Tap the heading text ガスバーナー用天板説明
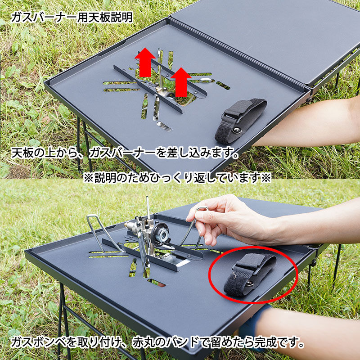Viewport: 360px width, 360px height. pyautogui.click(x=72, y=17)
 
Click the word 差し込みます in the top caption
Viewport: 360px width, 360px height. pyautogui.click(x=194, y=153)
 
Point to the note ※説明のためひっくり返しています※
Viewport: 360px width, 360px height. pyautogui.click(x=177, y=177)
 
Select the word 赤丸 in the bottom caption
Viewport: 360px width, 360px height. pyautogui.click(x=143, y=343)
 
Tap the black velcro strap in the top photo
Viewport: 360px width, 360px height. pyautogui.click(x=240, y=120)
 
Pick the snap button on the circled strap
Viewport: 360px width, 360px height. pyautogui.click(x=250, y=284)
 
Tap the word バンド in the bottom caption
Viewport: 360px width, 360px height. pyautogui.click(x=182, y=343)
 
